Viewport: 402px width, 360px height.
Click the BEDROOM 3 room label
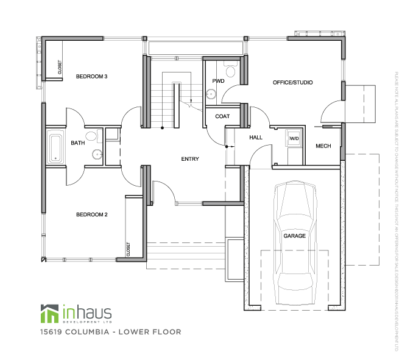tap(91, 77)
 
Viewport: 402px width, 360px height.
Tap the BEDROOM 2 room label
tap(91, 214)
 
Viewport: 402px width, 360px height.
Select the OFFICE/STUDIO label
tap(292, 82)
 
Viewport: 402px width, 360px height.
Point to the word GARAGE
tap(294, 235)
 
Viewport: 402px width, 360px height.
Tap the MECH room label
tap(323, 146)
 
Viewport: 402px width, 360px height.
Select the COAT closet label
tap(222, 116)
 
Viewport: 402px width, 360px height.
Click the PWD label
tap(219, 81)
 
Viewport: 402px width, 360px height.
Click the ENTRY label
tap(190, 159)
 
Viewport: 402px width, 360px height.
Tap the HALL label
tap(256, 138)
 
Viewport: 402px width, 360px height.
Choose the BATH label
tap(78, 143)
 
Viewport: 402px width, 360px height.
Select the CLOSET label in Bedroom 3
tap(60, 67)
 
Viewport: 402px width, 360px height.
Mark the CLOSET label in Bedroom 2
tap(128, 248)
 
